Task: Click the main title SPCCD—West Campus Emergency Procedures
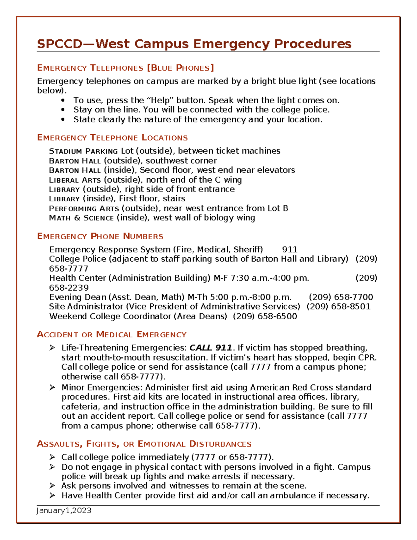[x=194, y=44]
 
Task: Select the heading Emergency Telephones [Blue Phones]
[x=125, y=68]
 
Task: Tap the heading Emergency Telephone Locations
[x=112, y=138]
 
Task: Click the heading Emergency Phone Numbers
[x=100, y=236]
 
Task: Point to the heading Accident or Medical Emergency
[x=112, y=335]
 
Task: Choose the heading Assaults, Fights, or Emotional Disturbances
[x=144, y=444]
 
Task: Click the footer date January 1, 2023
[x=64, y=510]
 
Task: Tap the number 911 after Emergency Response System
[x=289, y=250]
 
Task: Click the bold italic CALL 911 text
[x=211, y=348]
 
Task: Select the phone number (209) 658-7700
[x=341, y=297]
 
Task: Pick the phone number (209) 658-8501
[x=338, y=307]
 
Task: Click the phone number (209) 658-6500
[x=265, y=316]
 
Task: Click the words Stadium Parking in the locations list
[x=83, y=151]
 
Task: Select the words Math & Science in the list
[x=81, y=218]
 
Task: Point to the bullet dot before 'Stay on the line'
[x=63, y=110]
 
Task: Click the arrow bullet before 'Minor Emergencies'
[x=52, y=387]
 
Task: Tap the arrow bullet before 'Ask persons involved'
[x=52, y=486]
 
